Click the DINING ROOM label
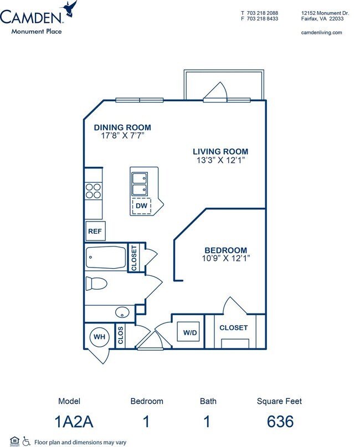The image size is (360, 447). click(122, 127)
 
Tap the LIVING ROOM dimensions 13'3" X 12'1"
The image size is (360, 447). click(220, 160)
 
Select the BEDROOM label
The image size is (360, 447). click(225, 250)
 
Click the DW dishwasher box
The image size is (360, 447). click(141, 206)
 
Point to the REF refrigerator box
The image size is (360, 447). click(95, 231)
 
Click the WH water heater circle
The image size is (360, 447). click(99, 337)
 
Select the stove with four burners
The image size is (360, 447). click(94, 191)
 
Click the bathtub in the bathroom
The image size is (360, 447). click(106, 258)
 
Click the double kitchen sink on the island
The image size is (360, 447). click(140, 184)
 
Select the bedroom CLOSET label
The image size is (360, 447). click(233, 328)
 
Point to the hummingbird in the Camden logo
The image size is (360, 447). click(70, 8)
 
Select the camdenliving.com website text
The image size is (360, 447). click(321, 33)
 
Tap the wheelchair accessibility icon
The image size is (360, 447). click(26, 441)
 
